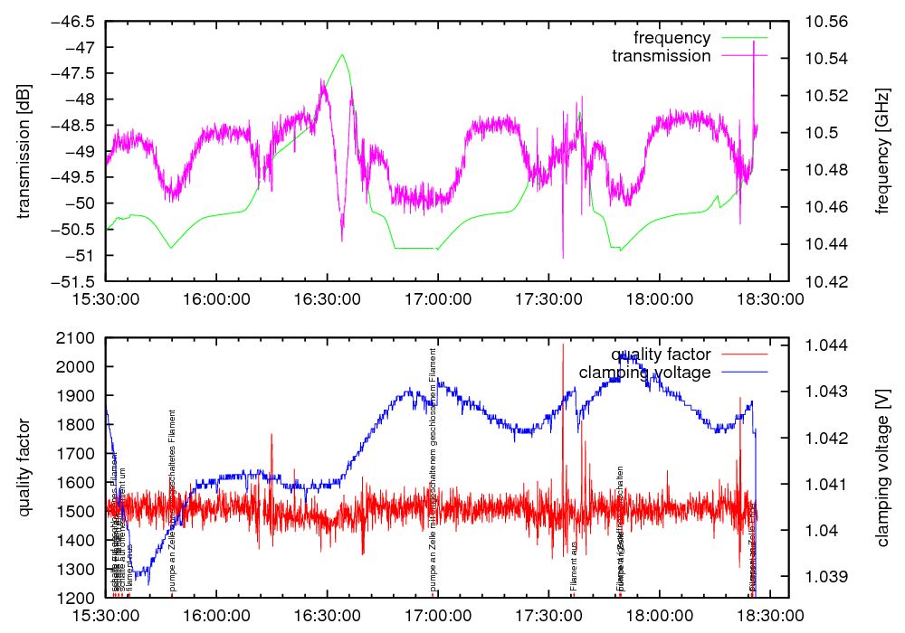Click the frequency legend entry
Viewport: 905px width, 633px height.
pyautogui.click(x=672, y=38)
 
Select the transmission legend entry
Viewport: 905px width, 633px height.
pyautogui.click(x=661, y=56)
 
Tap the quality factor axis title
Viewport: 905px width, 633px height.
pyautogui.click(x=24, y=468)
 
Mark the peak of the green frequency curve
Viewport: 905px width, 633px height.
pyautogui.click(x=342, y=54)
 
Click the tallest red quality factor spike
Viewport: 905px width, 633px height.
pyautogui.click(x=563, y=345)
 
